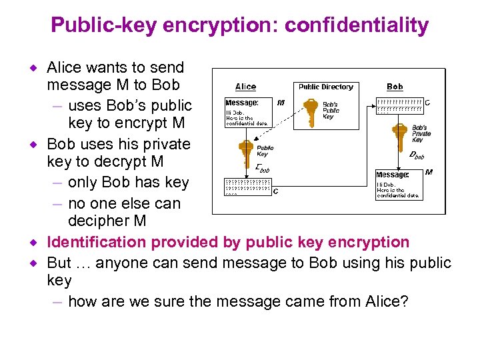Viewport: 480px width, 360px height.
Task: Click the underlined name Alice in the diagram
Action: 245,87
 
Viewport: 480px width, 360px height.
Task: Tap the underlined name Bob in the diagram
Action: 395,87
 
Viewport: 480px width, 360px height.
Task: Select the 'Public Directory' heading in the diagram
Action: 325,87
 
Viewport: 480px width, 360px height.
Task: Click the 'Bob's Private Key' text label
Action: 421,133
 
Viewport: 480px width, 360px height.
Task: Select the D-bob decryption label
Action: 417,156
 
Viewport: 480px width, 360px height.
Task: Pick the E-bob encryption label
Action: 262,170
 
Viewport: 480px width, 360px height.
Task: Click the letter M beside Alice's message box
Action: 281,103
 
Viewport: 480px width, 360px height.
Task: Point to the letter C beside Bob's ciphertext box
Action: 427,103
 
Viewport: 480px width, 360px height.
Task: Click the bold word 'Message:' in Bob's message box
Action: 393,175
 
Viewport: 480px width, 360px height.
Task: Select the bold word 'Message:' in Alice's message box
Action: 241,103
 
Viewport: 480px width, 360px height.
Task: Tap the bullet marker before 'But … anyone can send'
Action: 40,263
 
